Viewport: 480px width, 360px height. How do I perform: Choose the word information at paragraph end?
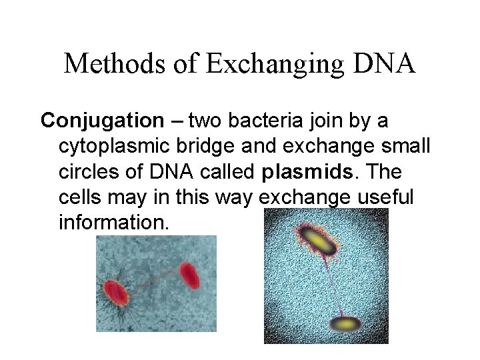[114, 223]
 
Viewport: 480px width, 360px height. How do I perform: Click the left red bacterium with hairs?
[115, 291]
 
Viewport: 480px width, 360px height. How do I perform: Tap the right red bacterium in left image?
[189, 275]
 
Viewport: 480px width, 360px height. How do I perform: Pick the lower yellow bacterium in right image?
[345, 324]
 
